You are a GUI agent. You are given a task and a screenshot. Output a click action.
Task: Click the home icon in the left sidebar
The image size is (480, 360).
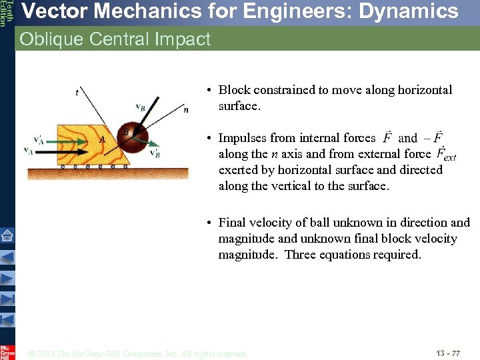(x=7, y=235)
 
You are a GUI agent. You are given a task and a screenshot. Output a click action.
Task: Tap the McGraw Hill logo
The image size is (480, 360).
(x=7, y=351)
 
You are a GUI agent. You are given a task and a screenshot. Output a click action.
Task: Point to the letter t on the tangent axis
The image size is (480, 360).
(x=77, y=93)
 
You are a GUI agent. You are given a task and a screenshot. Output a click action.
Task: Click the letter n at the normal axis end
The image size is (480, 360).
(x=185, y=109)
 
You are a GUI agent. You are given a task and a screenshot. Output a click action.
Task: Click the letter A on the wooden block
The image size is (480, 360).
(x=101, y=139)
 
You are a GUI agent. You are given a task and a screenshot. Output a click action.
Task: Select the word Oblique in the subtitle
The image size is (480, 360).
(x=47, y=39)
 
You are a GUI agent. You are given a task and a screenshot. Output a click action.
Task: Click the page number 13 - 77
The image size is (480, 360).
(x=447, y=353)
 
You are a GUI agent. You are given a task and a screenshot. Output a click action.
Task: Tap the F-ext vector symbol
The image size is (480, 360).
(x=445, y=155)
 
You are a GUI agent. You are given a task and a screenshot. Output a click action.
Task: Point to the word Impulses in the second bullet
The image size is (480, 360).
(x=243, y=138)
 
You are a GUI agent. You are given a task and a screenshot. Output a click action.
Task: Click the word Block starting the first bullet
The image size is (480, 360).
(x=234, y=90)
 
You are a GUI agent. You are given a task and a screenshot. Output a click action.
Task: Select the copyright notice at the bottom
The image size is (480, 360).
(x=138, y=353)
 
